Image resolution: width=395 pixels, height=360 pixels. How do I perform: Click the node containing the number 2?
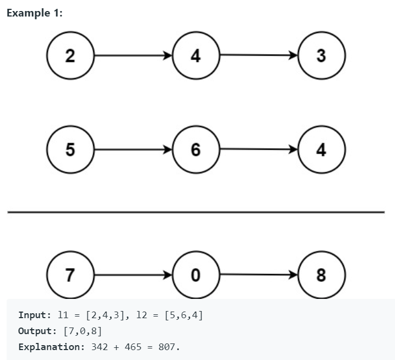(69, 56)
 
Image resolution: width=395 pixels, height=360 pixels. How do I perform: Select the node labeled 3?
(321, 56)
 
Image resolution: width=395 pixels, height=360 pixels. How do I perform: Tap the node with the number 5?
(69, 149)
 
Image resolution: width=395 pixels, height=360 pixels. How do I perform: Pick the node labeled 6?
(196, 149)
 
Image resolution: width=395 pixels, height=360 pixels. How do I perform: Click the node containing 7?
(69, 275)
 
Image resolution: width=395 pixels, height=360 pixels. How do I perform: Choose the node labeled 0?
(196, 275)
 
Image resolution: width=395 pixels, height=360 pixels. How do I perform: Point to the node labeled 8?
(321, 275)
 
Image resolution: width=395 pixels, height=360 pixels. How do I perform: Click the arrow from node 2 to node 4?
(132, 56)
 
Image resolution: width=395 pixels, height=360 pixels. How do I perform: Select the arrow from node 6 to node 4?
(258, 149)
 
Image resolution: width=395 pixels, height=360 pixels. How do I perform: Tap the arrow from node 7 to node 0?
(132, 274)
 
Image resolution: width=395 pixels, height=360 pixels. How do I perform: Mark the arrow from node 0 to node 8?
(258, 274)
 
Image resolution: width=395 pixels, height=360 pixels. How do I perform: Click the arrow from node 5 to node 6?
(132, 149)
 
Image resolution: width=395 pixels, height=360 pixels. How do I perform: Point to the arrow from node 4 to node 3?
(258, 56)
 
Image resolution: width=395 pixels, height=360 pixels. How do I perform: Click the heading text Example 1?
(34, 13)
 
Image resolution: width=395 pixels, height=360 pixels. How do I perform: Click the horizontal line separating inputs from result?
(196, 212)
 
